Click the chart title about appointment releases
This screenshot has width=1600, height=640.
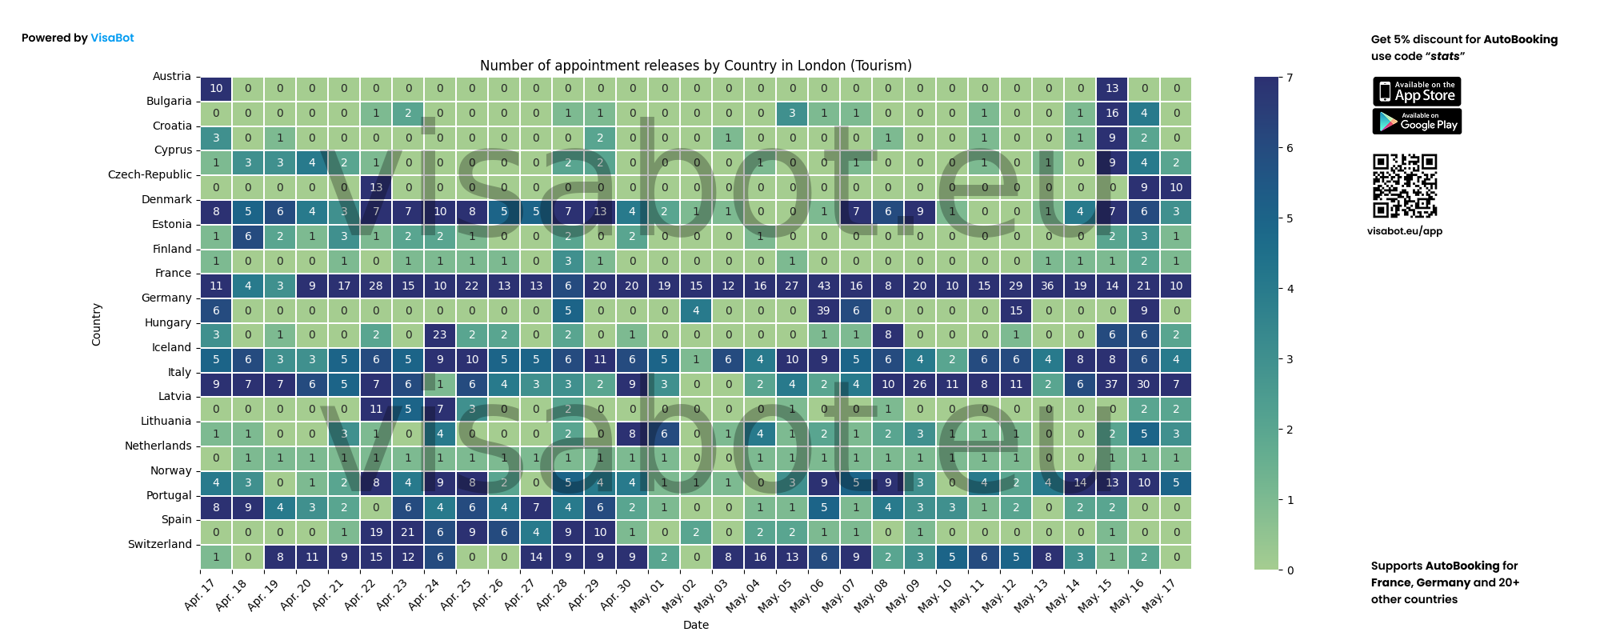pyautogui.click(x=695, y=66)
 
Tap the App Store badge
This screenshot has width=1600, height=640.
pyautogui.click(x=1417, y=92)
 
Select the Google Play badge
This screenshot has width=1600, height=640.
pyautogui.click(x=1417, y=122)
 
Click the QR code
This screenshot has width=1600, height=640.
pyautogui.click(x=1405, y=186)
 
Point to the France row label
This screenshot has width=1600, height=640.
pyautogui.click(x=173, y=274)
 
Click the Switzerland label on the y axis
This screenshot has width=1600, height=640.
pyautogui.click(x=160, y=545)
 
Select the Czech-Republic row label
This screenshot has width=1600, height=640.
pyautogui.click(x=150, y=175)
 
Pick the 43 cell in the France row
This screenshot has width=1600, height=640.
pyautogui.click(x=824, y=286)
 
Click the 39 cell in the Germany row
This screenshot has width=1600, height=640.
pyautogui.click(x=824, y=310)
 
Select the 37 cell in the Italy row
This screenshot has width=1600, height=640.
pyautogui.click(x=1112, y=384)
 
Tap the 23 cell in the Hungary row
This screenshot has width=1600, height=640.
pyautogui.click(x=440, y=335)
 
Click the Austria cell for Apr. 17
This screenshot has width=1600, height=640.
pyautogui.click(x=216, y=88)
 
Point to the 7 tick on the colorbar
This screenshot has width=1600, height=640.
pyautogui.click(x=1290, y=78)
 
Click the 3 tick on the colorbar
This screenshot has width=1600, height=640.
pyautogui.click(x=1290, y=359)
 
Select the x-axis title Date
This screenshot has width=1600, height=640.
pyautogui.click(x=695, y=625)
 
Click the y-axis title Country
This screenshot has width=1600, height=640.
pyautogui.click(x=97, y=324)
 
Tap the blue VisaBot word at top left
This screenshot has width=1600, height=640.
pyautogui.click(x=112, y=38)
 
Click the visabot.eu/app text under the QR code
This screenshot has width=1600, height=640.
pyautogui.click(x=1405, y=231)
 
